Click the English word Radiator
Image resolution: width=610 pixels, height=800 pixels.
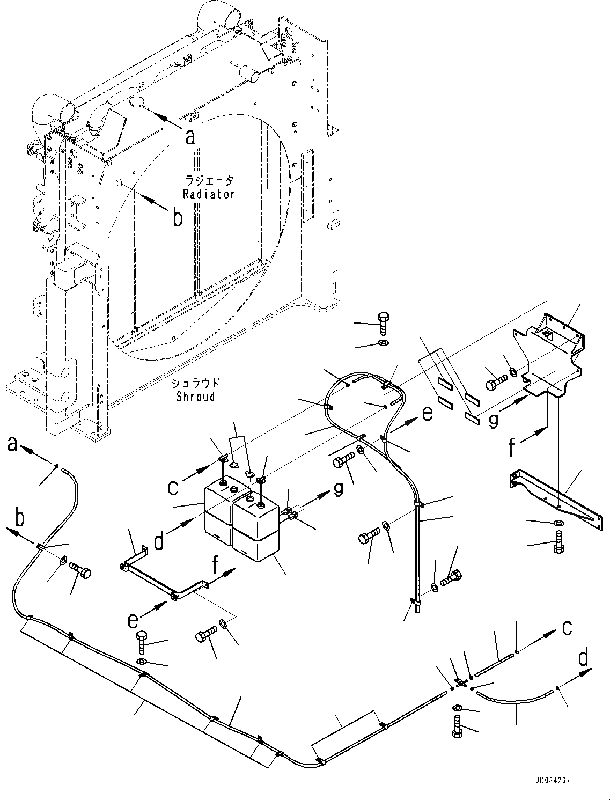pos(209,194)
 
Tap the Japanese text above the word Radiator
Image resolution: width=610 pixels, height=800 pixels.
pos(209,181)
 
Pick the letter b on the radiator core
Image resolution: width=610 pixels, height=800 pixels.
pos(177,219)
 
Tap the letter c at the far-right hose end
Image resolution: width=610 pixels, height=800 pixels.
pos(567,628)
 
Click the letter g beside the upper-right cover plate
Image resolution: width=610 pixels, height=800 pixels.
pos(493,420)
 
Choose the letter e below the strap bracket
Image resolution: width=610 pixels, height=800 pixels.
pos(133,621)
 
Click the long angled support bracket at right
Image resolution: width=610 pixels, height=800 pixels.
pos(553,494)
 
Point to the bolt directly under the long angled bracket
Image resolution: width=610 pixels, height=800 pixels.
pos(558,542)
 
